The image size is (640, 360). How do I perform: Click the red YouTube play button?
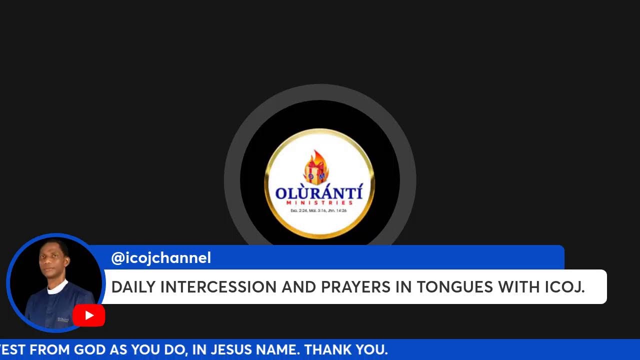coord(88,315)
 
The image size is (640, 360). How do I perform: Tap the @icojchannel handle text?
coord(161,258)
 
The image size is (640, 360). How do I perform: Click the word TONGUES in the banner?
coord(455,287)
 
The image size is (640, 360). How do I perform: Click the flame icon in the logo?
coord(316,166)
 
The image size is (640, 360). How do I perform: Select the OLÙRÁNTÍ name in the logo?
coord(319,192)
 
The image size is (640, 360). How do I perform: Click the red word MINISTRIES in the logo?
coord(319,203)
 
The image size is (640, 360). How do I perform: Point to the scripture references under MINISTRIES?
coord(319,210)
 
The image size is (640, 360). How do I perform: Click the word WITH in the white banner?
coord(519,287)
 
